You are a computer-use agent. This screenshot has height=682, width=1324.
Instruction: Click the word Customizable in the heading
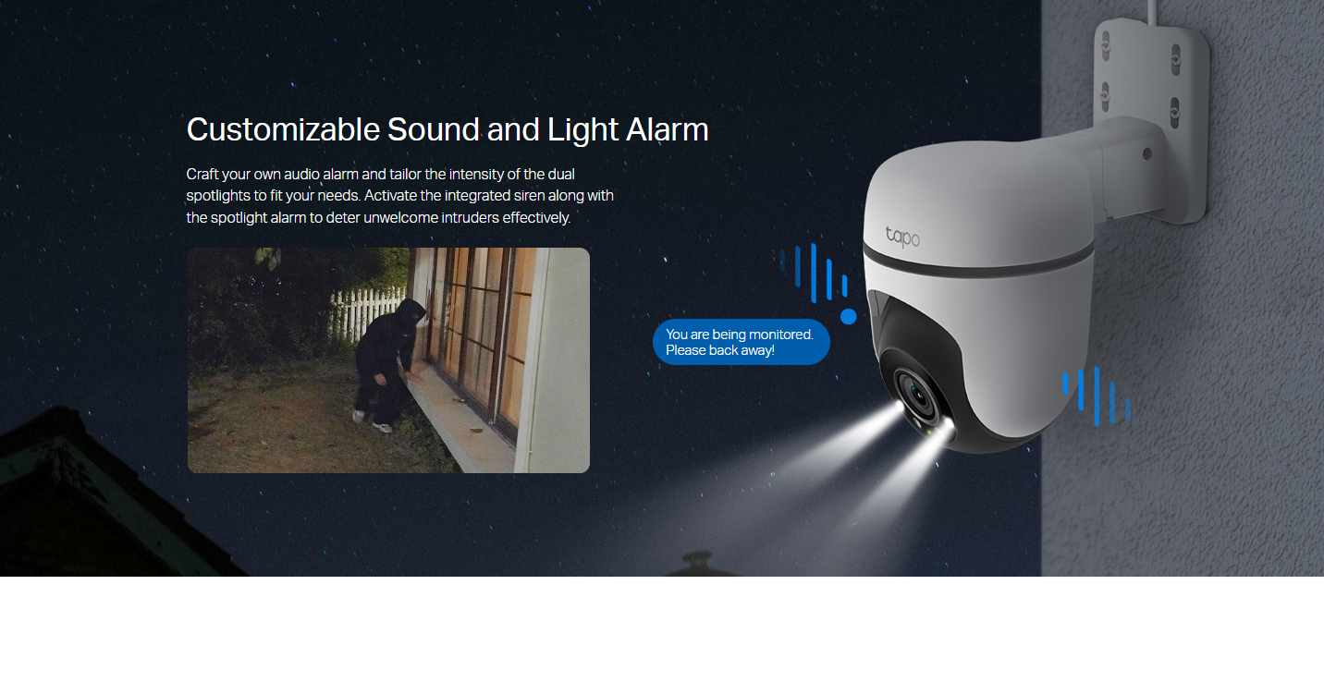[283, 129]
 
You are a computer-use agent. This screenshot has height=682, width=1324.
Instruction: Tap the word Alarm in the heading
[667, 129]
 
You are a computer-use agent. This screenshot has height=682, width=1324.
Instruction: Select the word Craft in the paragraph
[202, 175]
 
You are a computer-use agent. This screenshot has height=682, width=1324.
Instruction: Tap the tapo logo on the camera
[902, 237]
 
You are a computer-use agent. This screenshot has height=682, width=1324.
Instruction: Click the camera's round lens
[918, 396]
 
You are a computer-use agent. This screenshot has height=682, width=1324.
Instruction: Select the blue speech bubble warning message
[742, 342]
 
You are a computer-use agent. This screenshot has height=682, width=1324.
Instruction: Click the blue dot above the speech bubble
[848, 317]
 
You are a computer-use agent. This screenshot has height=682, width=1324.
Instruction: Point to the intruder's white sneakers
[373, 421]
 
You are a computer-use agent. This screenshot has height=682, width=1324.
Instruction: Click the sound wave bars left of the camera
[814, 273]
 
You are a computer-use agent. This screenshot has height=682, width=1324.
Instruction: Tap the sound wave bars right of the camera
[1097, 396]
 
